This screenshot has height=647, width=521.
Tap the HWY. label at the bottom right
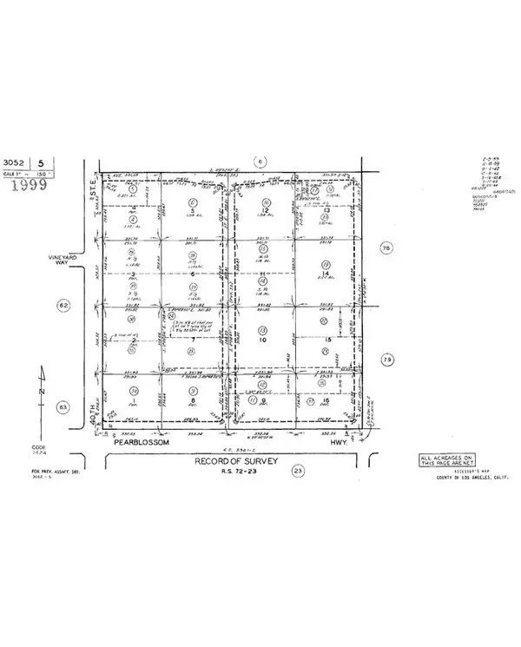[x=329, y=442]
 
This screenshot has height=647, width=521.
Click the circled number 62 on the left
[x=62, y=305]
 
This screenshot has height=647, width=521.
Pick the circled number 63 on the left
[x=62, y=406]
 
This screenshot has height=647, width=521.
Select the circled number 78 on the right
[x=387, y=248]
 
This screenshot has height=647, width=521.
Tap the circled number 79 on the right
[x=387, y=359]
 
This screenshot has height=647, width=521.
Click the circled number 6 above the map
[x=259, y=160]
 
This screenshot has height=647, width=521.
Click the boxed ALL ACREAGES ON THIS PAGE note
[x=446, y=461]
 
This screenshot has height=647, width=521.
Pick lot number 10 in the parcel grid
[x=262, y=340]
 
